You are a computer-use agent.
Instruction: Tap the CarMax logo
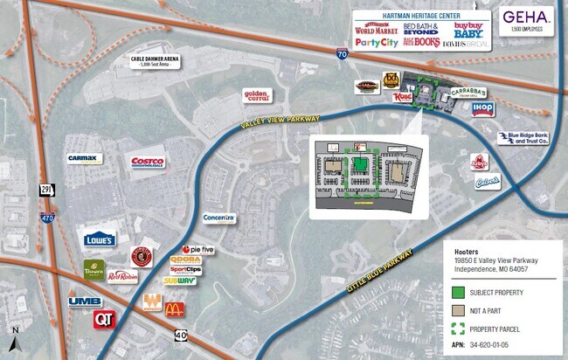87,158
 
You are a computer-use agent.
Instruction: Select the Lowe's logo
100,239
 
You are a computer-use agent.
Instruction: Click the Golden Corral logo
260,94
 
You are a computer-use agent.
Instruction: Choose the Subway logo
179,280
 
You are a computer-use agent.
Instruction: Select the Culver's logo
486,182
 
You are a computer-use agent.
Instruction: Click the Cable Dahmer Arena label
156,61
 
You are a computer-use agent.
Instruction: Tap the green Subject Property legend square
457,293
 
